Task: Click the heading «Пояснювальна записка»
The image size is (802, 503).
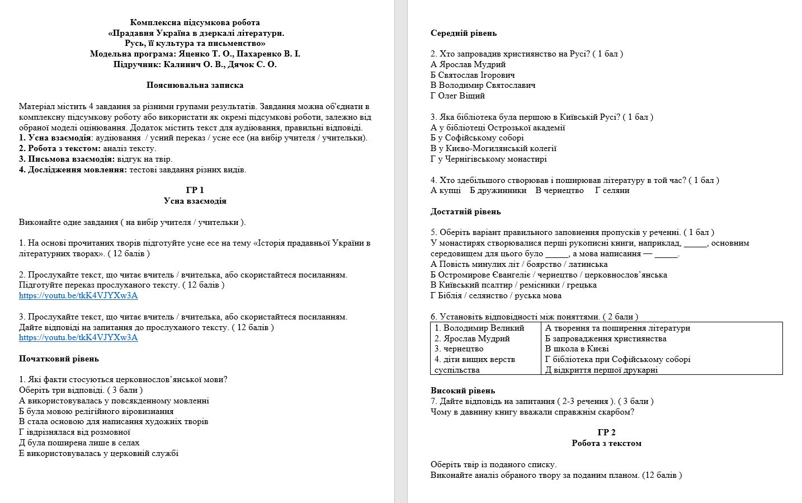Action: pos(195,86)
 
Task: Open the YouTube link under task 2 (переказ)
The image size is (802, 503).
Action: pos(78,295)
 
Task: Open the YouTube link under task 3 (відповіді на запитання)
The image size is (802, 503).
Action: pos(78,337)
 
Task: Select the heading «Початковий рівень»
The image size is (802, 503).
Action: pos(59,359)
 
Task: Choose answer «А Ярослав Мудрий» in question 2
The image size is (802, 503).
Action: pos(468,64)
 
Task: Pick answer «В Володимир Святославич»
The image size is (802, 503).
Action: pos(483,85)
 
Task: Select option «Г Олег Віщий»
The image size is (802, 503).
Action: pos(457,96)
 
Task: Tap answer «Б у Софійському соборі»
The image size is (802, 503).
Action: pos(477,138)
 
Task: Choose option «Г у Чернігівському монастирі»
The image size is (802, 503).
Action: pos(488,159)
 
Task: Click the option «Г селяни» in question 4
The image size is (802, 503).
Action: pos(612,190)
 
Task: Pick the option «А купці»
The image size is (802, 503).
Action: pos(446,190)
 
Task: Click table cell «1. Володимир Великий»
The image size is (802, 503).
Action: pos(479,328)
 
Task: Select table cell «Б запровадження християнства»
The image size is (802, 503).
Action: pos(606,339)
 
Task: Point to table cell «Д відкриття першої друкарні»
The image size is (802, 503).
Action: pos(601,370)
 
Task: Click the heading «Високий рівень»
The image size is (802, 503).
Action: pos(463,391)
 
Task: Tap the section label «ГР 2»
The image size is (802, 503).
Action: pos(606,433)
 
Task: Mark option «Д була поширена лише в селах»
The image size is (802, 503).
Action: pos(79,443)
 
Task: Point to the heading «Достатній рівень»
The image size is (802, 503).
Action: pos(465,211)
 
